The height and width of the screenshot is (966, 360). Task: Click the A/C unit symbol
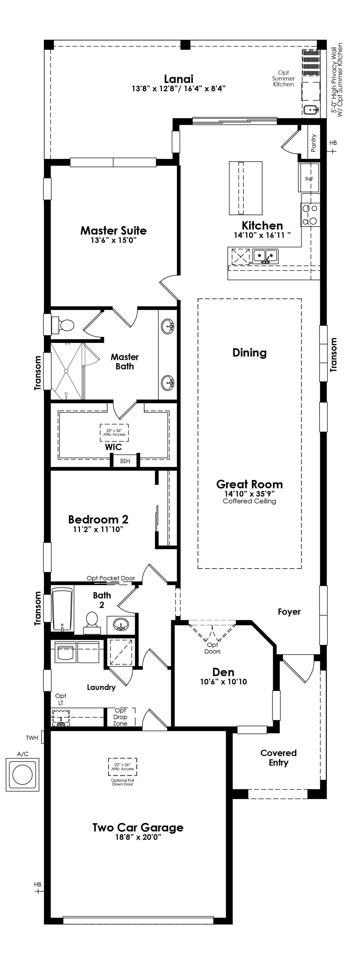tap(22, 775)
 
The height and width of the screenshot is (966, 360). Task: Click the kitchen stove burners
tap(310, 215)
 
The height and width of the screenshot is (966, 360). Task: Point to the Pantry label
tap(313, 143)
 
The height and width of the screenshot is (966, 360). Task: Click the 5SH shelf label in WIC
tap(125, 461)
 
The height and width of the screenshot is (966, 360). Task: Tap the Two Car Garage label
tap(138, 828)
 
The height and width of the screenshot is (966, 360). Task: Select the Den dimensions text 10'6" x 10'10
tap(223, 682)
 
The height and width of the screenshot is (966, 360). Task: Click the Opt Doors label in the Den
tap(212, 648)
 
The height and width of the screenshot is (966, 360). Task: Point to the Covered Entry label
tap(278, 758)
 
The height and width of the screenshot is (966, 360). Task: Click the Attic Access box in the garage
tap(122, 767)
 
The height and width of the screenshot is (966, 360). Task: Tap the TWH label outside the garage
tap(32, 738)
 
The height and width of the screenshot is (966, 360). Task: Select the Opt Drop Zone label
tap(120, 717)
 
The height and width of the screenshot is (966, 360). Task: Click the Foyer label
tap(289, 612)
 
